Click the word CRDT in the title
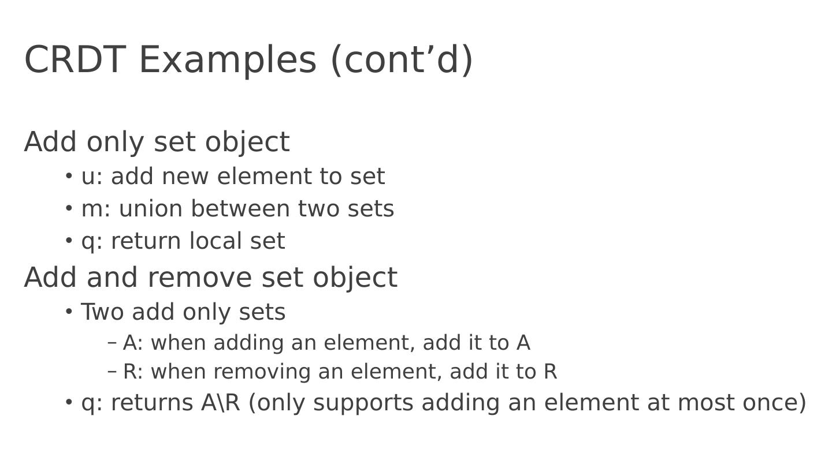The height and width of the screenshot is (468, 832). [x=75, y=59]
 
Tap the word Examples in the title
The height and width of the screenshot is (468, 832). [x=228, y=59]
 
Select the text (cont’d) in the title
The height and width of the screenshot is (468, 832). [x=402, y=59]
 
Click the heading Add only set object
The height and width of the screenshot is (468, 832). [x=157, y=142]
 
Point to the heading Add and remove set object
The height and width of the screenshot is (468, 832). [x=210, y=278]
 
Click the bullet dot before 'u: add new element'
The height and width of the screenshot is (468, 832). [x=69, y=175]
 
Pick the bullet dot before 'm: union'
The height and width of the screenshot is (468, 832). [x=69, y=208]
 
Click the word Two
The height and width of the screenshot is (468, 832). [x=102, y=312]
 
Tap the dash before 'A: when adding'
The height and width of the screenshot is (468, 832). [x=113, y=343]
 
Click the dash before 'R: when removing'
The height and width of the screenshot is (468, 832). [x=113, y=372]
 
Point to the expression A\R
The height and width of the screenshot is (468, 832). [x=220, y=403]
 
